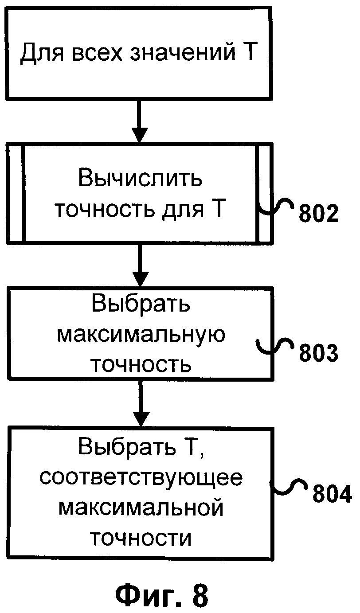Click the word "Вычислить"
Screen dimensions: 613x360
(x=140, y=179)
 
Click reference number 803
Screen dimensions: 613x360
(x=318, y=353)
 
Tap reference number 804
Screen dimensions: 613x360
(x=332, y=494)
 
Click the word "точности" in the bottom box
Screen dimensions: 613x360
(x=140, y=538)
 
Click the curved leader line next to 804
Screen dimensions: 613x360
(x=290, y=486)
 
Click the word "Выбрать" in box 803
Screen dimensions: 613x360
(x=140, y=305)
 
